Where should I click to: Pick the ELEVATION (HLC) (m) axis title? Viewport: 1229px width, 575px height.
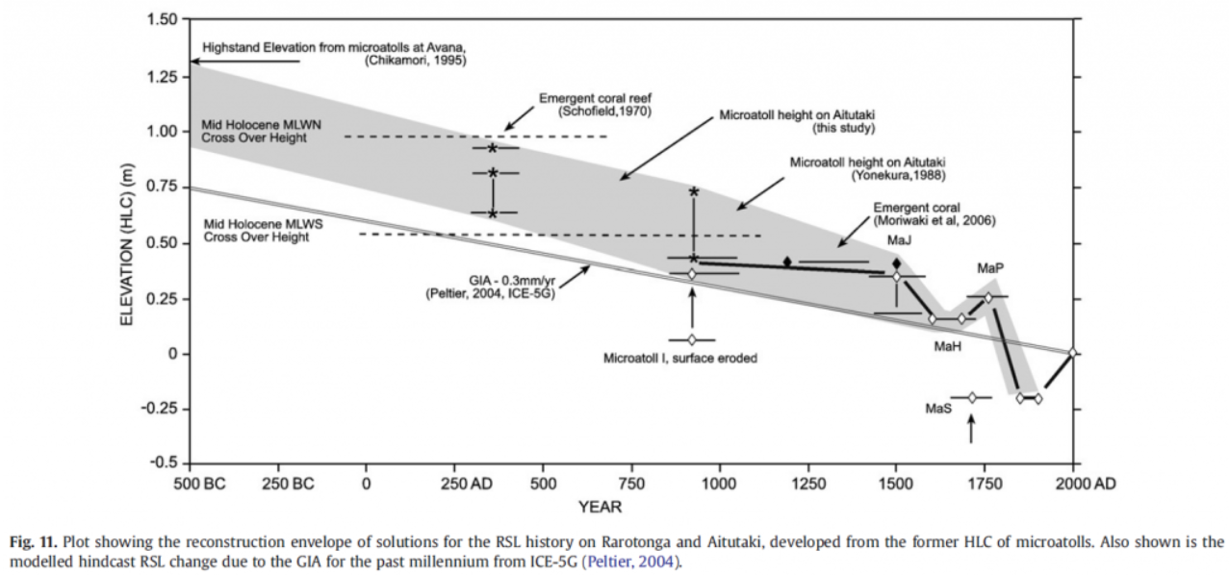point(128,243)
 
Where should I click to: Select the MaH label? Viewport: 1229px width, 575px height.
point(947,345)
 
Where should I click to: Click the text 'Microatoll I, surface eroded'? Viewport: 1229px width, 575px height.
point(680,359)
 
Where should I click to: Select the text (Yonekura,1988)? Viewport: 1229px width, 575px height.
point(896,176)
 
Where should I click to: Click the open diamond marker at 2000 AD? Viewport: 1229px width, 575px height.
point(1073,354)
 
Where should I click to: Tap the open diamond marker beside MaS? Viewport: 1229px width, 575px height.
point(972,397)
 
